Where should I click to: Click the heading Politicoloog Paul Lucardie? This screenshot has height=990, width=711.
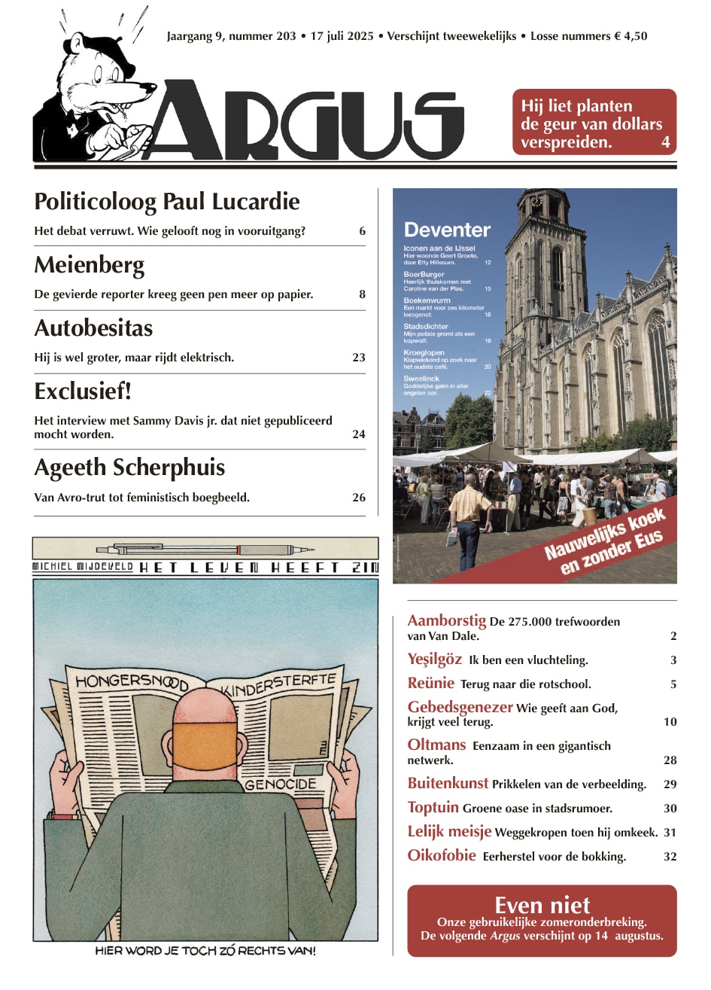click(x=167, y=202)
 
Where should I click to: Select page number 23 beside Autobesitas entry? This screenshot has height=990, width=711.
click(x=359, y=358)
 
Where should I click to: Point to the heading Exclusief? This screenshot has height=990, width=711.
click(x=83, y=391)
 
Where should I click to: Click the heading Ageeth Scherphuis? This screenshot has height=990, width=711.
click(x=129, y=468)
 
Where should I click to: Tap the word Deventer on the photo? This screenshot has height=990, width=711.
click(x=447, y=230)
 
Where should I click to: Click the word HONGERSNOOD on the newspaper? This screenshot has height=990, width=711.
click(x=131, y=683)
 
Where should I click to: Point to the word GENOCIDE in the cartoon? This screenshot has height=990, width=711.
click(x=281, y=784)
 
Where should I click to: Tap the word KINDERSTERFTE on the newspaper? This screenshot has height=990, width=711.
click(x=278, y=684)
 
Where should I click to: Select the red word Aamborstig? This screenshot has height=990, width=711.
click(x=446, y=621)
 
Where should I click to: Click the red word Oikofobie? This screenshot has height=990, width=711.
click(x=442, y=855)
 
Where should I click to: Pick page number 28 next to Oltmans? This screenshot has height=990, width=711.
click(x=670, y=760)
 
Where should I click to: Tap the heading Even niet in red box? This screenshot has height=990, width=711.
click(x=542, y=905)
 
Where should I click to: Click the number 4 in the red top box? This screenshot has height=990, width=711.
click(x=665, y=142)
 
